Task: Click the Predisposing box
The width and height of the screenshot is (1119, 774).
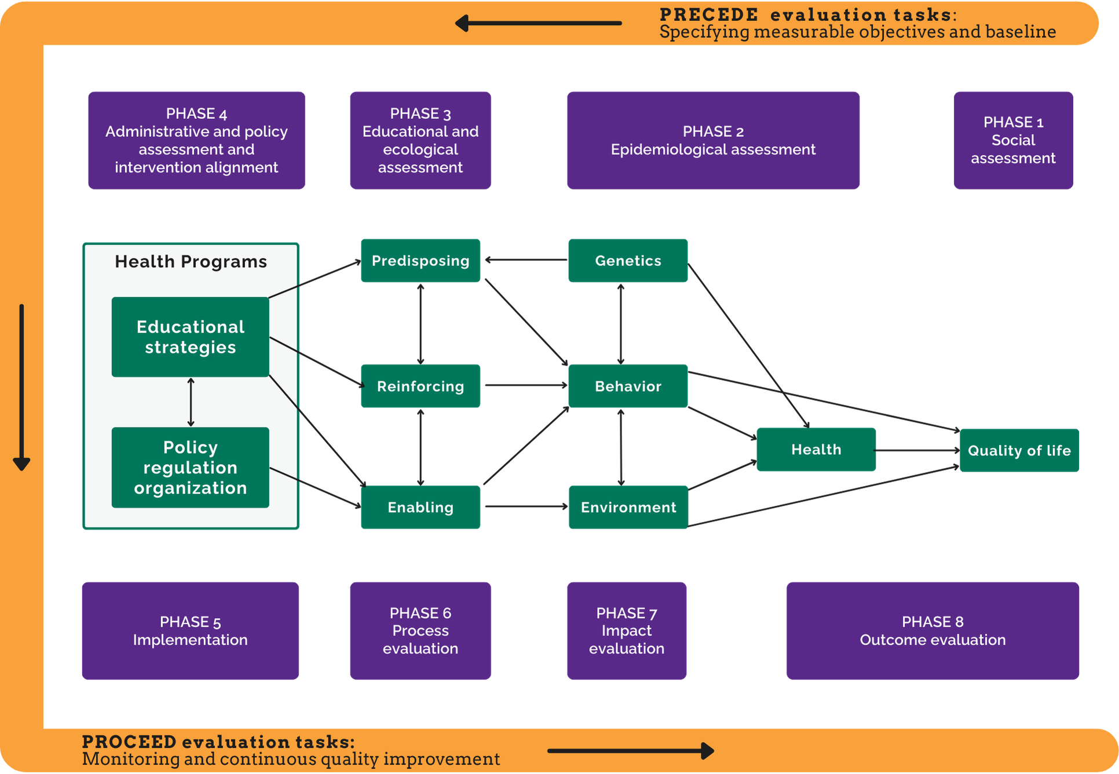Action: [x=420, y=261]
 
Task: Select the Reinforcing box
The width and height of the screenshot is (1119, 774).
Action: [x=420, y=386]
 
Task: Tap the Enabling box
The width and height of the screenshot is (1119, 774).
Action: [x=420, y=507]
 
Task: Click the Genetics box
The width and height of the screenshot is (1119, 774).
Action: [x=628, y=261]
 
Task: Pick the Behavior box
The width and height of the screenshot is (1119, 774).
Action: [x=628, y=386]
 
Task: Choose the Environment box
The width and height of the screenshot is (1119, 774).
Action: [x=628, y=507]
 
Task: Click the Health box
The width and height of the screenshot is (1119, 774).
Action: [x=816, y=449]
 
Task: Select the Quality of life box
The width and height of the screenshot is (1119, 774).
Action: [x=1019, y=450]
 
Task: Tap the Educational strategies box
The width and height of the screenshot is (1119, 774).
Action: [x=190, y=337]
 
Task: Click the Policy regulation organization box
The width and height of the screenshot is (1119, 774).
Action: [x=190, y=467]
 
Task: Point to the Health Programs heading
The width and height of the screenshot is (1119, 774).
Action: [x=191, y=262]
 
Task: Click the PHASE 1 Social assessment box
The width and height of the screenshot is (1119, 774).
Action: [x=1013, y=140]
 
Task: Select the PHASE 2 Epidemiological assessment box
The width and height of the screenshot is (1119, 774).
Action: [x=712, y=140]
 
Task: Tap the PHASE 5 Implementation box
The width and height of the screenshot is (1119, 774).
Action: [x=191, y=630]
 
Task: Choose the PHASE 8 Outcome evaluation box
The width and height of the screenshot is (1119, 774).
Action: [x=932, y=630]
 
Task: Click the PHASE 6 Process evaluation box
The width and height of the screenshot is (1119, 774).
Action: [x=420, y=630]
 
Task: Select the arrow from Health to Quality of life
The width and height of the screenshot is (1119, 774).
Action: [x=917, y=450]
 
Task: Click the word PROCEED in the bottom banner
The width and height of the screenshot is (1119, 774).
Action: [x=129, y=742]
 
